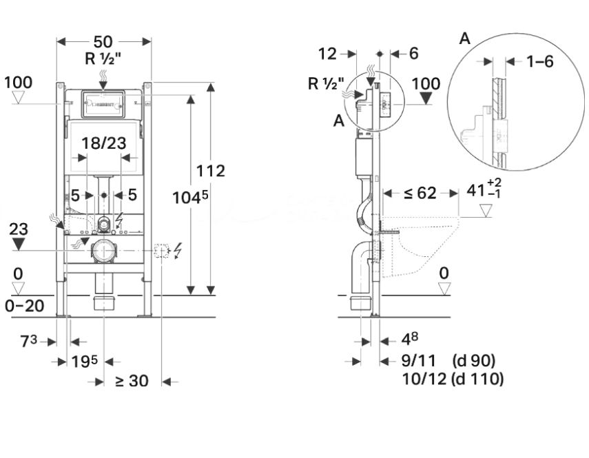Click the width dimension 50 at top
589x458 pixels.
click(103, 41)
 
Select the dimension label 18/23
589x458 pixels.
click(103, 143)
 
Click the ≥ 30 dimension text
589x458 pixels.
click(132, 380)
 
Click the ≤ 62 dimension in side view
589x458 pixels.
click(420, 194)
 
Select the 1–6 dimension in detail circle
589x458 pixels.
click(540, 61)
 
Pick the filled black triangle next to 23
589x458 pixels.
click(19, 244)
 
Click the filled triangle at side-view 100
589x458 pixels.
click(428, 98)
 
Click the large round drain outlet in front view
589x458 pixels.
click(103, 252)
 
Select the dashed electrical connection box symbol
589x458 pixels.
click(163, 251)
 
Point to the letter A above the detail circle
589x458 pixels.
click(465, 39)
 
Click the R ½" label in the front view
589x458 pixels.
click(103, 59)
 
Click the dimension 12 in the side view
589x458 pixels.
click(328, 53)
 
